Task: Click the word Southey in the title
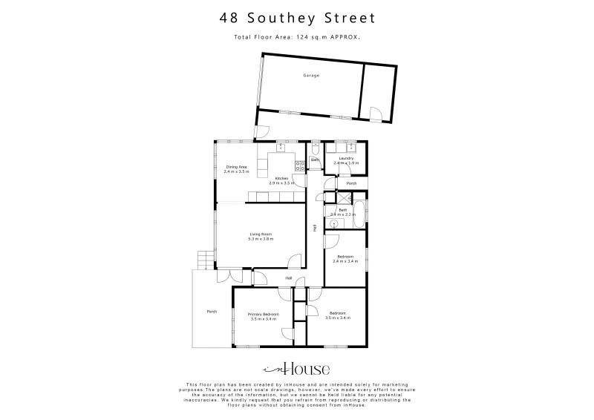(x=291, y=18)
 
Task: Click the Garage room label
(x=310, y=76)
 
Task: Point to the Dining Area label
(x=237, y=166)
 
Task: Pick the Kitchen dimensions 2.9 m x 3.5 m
(x=281, y=182)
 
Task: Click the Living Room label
(x=261, y=234)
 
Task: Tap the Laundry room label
(x=345, y=158)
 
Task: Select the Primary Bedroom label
(x=264, y=314)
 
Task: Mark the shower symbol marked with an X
(x=343, y=197)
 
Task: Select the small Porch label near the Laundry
(x=351, y=183)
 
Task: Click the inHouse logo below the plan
(x=297, y=369)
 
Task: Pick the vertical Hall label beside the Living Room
(x=315, y=229)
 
